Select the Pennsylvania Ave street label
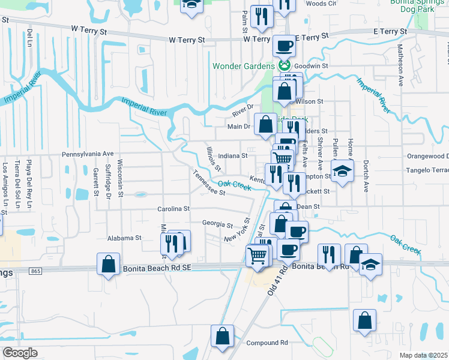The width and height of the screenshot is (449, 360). click(88, 154)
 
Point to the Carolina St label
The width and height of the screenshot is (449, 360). click(173, 209)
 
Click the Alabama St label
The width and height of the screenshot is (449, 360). click(124, 238)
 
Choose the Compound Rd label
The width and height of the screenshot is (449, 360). click(267, 343)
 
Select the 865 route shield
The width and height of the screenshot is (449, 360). click(34, 272)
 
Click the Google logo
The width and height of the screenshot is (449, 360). click(20, 353)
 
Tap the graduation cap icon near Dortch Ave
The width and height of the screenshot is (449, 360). click(342, 171)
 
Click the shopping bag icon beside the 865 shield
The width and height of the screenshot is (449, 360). click(107, 265)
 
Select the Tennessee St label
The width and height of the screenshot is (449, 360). click(208, 183)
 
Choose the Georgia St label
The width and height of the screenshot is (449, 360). click(217, 225)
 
